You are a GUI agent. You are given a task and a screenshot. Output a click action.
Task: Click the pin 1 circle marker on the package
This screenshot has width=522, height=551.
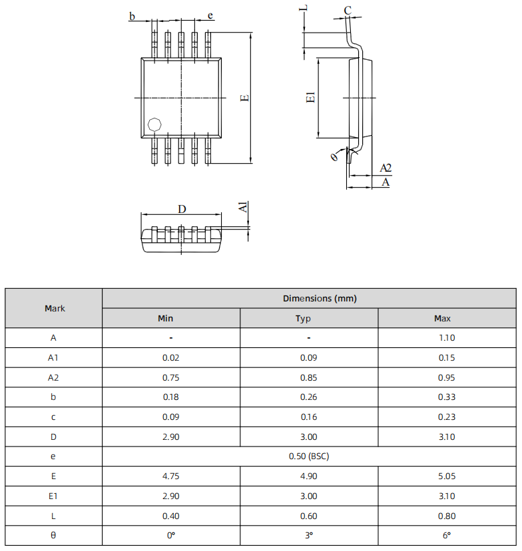154,124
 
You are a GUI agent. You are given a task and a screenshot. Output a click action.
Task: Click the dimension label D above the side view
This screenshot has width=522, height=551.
182,209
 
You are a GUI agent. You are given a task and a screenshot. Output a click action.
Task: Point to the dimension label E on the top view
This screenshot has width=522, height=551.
245,98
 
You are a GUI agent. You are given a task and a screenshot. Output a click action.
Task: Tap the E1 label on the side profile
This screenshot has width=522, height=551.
310,98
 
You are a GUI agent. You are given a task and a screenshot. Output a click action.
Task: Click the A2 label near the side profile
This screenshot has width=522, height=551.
385,168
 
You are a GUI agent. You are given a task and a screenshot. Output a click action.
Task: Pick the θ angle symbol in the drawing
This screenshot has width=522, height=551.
334,156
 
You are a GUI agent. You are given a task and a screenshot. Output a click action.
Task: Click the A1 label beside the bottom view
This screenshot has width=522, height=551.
244,208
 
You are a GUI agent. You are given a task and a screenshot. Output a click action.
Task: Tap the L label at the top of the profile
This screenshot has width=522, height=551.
304,8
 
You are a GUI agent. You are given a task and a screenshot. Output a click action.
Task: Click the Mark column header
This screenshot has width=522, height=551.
55,308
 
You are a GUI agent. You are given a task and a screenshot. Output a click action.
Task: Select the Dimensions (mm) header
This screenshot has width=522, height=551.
310,299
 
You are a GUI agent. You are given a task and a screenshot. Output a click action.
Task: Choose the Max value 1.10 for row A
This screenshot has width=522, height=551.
447,337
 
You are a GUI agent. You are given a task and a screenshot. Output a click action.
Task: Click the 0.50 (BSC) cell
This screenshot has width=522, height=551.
310,457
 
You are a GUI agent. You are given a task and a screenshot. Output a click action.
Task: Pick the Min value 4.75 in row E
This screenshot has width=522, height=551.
171,476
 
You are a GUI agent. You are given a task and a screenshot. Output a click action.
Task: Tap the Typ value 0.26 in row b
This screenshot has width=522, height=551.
309,397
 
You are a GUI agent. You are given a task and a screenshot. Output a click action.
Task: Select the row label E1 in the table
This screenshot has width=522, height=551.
55,496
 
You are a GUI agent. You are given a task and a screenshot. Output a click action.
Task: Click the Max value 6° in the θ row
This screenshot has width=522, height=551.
447,536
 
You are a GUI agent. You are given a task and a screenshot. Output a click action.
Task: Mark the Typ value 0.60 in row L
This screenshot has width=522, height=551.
309,516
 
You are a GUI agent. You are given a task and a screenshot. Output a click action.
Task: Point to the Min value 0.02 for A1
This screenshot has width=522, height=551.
171,357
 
